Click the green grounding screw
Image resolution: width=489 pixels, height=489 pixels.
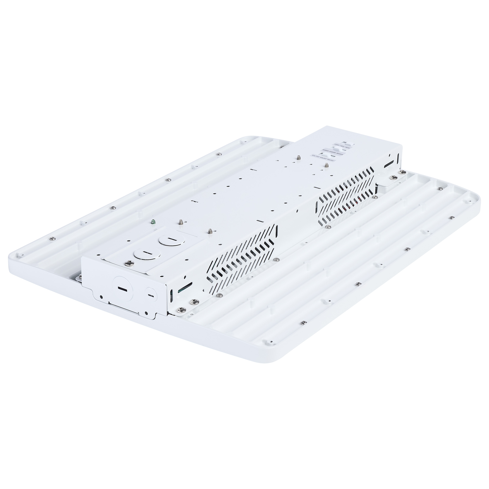click(153, 222)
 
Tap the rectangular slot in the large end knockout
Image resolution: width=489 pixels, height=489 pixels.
click(123, 289)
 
